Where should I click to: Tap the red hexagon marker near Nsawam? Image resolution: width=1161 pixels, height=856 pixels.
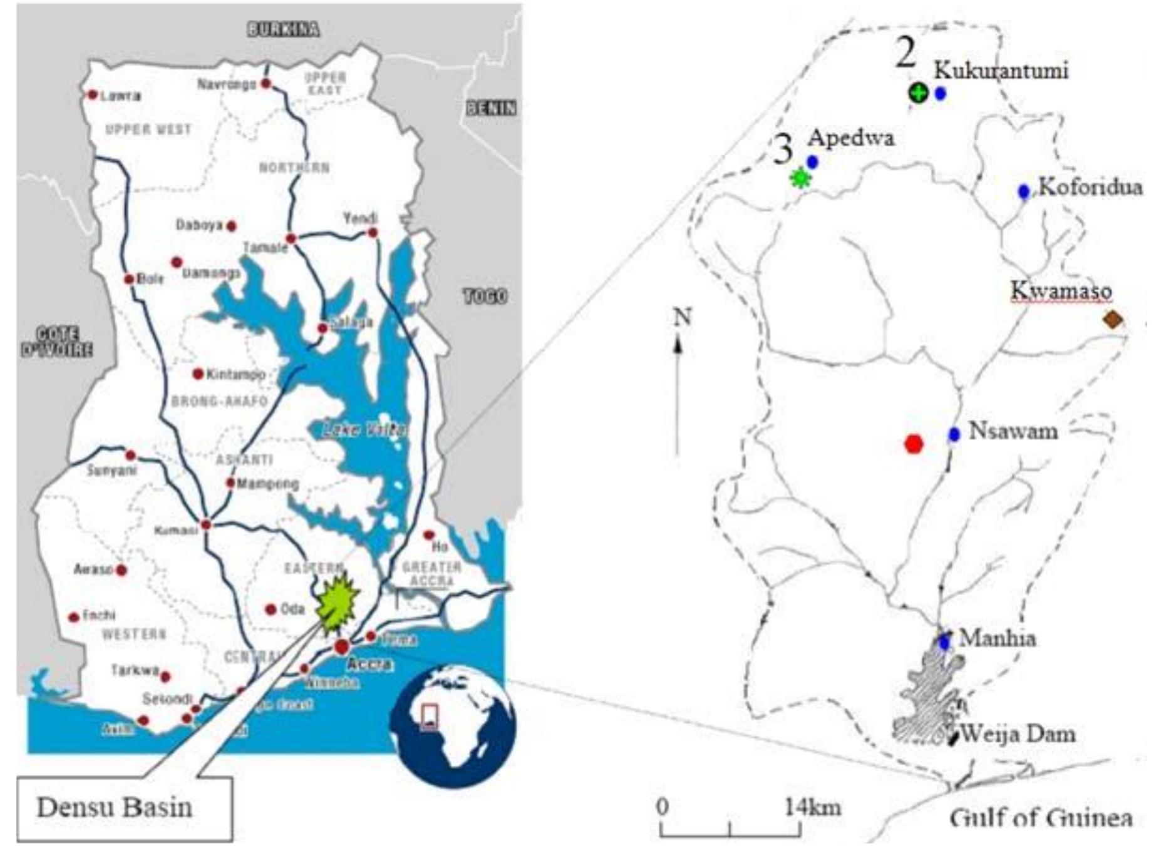(x=914, y=444)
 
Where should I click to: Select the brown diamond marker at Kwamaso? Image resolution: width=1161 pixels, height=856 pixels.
(x=1112, y=320)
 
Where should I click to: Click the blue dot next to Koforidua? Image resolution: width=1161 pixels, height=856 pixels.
(x=1023, y=191)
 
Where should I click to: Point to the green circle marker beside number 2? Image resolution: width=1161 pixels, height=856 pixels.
(x=919, y=93)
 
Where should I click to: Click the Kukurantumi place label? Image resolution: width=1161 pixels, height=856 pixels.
(x=1001, y=70)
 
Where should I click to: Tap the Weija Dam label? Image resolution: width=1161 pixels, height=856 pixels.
(x=1018, y=733)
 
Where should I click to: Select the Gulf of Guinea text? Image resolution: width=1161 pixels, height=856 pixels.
(x=1040, y=817)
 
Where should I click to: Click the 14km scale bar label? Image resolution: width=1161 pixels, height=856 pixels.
(x=812, y=807)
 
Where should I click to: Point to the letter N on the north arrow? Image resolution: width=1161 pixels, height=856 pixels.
(x=682, y=317)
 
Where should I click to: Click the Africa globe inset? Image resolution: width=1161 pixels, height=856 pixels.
(x=452, y=726)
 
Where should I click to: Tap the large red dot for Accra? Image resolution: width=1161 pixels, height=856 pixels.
(x=341, y=646)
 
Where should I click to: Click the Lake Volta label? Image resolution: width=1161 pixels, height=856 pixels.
(x=363, y=430)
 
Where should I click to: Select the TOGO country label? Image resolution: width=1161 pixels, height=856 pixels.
(x=485, y=296)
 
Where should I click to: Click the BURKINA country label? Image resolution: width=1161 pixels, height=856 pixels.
(x=283, y=29)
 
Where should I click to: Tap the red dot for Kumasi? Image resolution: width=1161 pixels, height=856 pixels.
(x=206, y=524)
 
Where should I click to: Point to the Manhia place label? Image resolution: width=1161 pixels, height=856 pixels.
(x=997, y=638)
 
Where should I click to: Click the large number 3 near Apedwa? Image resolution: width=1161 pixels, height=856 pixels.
(x=783, y=150)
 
